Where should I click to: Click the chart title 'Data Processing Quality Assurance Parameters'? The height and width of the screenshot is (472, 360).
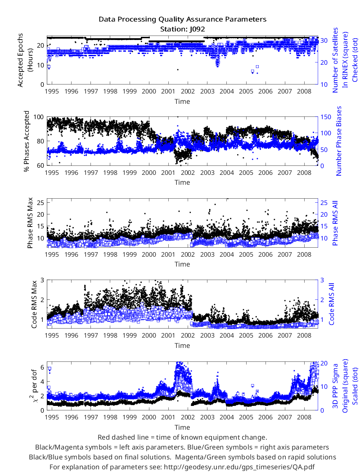(182, 20)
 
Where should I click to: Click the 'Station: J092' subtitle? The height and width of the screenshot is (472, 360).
(182, 29)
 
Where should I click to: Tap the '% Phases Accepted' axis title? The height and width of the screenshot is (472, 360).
(27, 141)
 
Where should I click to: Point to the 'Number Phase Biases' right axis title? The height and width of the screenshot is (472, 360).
(339, 141)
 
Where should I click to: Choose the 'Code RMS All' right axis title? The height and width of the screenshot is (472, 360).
(331, 304)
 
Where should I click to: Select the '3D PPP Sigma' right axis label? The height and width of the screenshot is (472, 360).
(335, 386)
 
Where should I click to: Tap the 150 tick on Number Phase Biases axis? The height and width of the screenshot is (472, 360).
(325, 117)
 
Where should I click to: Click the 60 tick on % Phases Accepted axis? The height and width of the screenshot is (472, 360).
(40, 165)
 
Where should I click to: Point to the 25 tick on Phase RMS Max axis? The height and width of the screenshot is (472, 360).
(40, 203)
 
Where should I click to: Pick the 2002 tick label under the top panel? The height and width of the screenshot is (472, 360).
(188, 91)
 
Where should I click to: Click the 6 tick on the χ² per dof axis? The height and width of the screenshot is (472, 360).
(42, 367)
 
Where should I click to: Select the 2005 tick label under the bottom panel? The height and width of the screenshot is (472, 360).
(246, 417)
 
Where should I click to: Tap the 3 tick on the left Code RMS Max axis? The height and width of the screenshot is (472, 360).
(42, 280)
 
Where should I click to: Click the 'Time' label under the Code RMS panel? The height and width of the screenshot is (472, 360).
(182, 346)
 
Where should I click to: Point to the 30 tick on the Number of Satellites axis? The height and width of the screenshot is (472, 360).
(324, 40)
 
